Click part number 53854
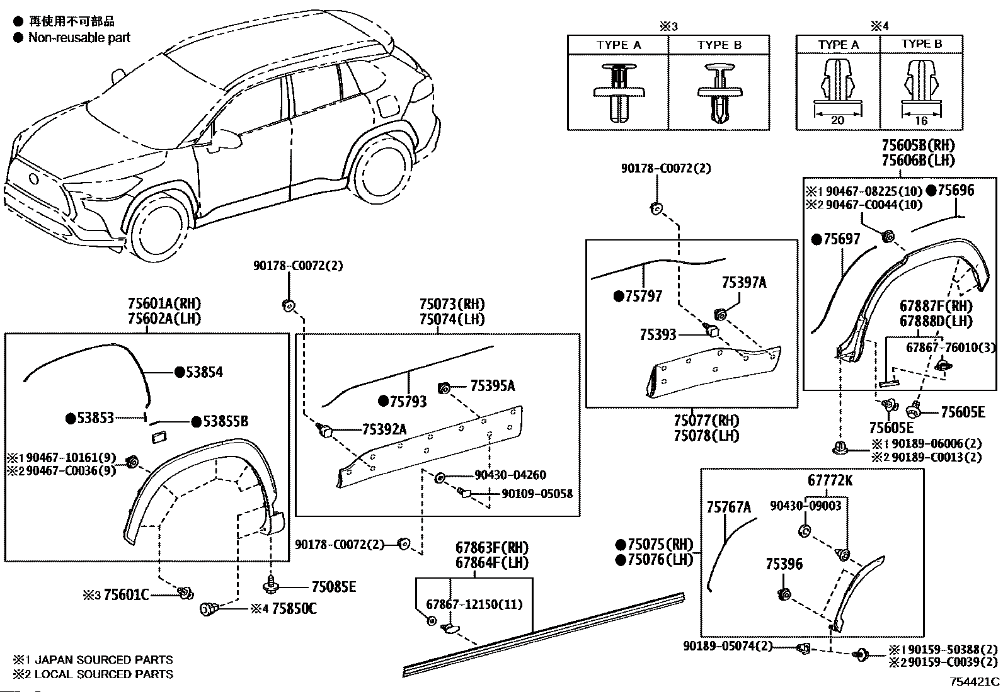click(x=204, y=372)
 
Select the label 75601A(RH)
click(x=164, y=303)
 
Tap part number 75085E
click(x=333, y=587)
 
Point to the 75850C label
click(x=294, y=609)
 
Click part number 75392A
click(x=384, y=429)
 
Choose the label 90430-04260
click(x=510, y=475)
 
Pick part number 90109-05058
click(x=537, y=494)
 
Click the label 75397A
click(x=744, y=283)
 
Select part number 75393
click(x=658, y=334)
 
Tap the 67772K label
click(x=830, y=480)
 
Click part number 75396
click(x=784, y=564)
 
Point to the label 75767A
click(x=728, y=507)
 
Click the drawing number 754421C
click(x=975, y=682)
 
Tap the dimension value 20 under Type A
click(x=837, y=120)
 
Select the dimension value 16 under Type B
click(x=921, y=120)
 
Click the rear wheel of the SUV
click(x=381, y=169)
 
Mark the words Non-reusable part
click(x=79, y=38)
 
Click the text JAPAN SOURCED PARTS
click(x=104, y=660)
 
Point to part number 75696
click(x=956, y=190)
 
